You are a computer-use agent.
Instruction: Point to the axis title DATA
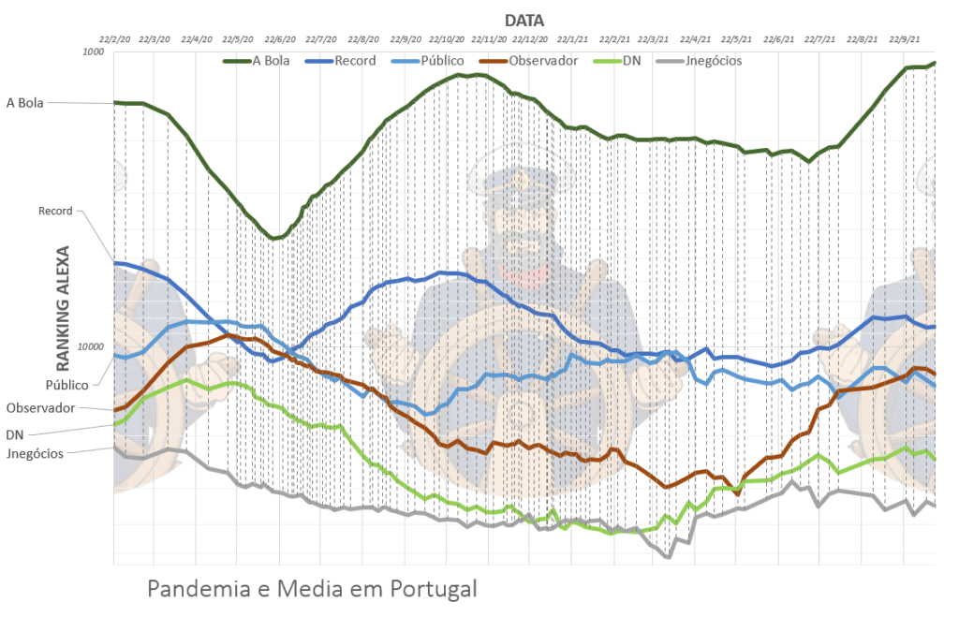click(524, 20)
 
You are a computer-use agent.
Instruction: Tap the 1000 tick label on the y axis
click(92, 51)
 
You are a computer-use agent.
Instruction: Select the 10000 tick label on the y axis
click(89, 346)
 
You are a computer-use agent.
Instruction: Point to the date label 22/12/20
click(529, 39)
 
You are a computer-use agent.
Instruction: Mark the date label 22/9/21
click(903, 39)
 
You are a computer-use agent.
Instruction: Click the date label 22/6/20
click(279, 39)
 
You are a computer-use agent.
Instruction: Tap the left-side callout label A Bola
click(24, 102)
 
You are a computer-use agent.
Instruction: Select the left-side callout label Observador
click(39, 408)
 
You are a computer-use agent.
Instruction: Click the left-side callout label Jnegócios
click(34, 453)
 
